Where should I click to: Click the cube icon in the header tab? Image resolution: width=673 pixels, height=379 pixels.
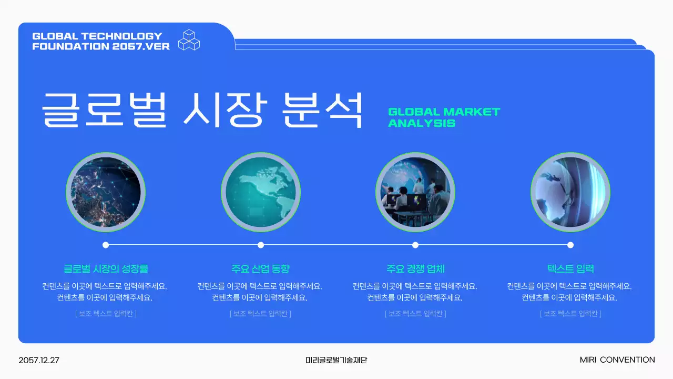pyautogui.click(x=189, y=40)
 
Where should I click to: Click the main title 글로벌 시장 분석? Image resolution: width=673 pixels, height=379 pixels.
pyautogui.click(x=202, y=109)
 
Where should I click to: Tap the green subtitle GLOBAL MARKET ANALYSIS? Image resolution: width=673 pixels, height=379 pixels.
pyautogui.click(x=444, y=117)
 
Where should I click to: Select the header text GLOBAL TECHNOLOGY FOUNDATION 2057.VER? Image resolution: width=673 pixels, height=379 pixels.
pyautogui.click(x=101, y=41)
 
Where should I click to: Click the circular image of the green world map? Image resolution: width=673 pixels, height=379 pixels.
pyautogui.click(x=261, y=192)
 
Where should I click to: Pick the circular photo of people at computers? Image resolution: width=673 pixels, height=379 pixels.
pyautogui.click(x=415, y=192)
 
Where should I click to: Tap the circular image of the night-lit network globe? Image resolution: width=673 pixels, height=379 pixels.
pyautogui.click(x=106, y=192)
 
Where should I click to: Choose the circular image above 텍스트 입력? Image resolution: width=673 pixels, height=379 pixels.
pyautogui.click(x=570, y=192)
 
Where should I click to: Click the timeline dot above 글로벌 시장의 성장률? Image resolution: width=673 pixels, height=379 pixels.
pyautogui.click(x=106, y=245)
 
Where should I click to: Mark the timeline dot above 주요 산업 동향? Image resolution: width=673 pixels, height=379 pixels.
pyautogui.click(x=261, y=245)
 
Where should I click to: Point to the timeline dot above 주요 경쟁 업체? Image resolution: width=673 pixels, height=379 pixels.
pyautogui.click(x=415, y=245)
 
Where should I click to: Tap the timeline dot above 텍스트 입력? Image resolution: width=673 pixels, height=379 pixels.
pyautogui.click(x=570, y=245)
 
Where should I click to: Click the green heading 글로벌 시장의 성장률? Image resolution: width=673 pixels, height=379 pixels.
pyautogui.click(x=106, y=269)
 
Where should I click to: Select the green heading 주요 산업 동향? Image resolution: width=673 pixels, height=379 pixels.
pyautogui.click(x=261, y=269)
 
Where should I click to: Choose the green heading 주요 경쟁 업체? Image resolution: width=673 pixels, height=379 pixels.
pyautogui.click(x=415, y=269)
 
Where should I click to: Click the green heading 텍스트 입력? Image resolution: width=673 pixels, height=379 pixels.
pyautogui.click(x=570, y=269)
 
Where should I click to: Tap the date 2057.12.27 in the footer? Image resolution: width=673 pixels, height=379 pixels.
pyautogui.click(x=39, y=361)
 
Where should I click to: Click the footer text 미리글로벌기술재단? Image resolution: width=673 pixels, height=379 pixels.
pyautogui.click(x=336, y=361)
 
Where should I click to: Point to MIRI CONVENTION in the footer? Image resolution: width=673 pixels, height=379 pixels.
pyautogui.click(x=617, y=360)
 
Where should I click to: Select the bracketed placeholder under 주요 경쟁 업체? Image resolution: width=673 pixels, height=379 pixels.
pyautogui.click(x=415, y=314)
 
